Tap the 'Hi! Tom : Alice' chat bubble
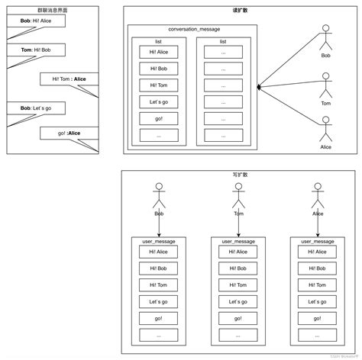click(x=69, y=79)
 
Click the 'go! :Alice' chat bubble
click(x=69, y=133)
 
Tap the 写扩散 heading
click(x=240, y=175)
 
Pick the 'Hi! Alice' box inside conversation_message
click(x=158, y=53)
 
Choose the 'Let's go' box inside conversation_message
click(x=158, y=101)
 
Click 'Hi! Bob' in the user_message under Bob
click(x=159, y=268)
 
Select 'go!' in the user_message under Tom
click(x=238, y=318)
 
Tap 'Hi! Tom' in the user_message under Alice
click(x=318, y=285)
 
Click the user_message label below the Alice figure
click(x=318, y=241)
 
